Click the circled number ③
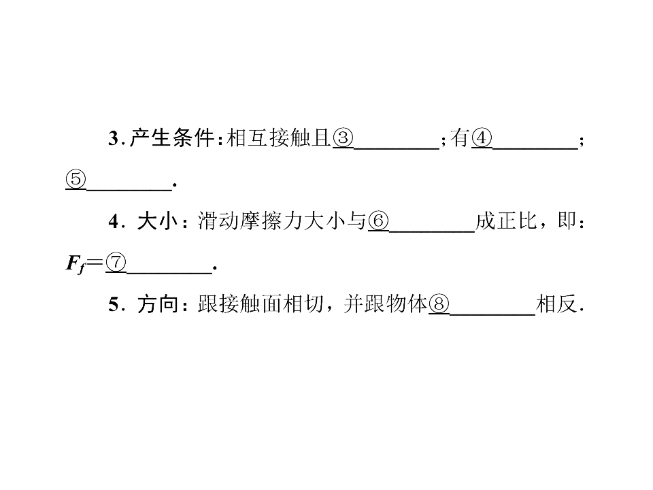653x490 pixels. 343,138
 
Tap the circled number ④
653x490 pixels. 482,138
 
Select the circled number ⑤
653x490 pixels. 76,180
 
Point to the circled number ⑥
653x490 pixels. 378,220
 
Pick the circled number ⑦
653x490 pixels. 116,263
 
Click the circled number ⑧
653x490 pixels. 439,304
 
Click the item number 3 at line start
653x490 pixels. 114,138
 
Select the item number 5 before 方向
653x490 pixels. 114,305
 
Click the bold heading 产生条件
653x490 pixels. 172,138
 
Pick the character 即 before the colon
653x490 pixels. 567,220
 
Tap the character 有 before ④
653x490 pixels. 461,138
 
